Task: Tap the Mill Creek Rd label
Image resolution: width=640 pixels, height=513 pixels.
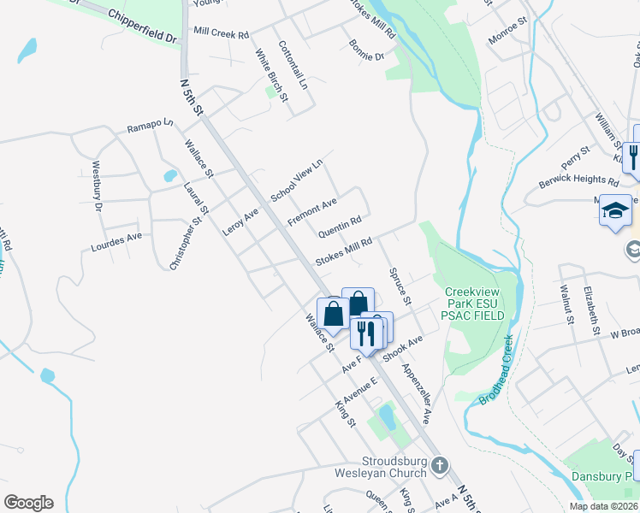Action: point(221,33)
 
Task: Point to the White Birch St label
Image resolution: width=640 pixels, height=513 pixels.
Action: point(271,76)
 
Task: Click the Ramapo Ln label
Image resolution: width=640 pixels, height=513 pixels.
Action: point(150,127)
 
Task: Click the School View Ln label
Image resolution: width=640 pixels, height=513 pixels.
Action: point(296,180)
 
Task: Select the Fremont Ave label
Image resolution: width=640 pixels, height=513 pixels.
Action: point(312,211)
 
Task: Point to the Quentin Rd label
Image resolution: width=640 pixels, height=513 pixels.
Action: point(340,227)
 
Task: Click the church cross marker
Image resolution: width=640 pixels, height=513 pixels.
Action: point(438,466)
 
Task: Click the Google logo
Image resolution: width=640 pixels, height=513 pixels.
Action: point(28,503)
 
